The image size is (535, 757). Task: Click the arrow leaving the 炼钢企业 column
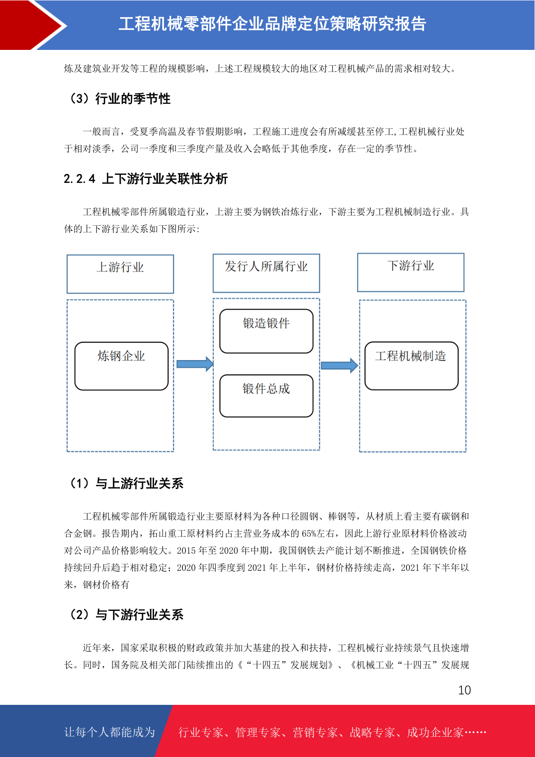(195, 364)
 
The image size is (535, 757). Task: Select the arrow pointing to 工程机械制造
(339, 365)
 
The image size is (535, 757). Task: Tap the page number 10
(464, 690)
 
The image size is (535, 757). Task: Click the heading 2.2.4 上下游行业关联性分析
(146, 179)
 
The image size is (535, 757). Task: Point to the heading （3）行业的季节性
(120, 99)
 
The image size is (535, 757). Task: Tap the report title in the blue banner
(272, 24)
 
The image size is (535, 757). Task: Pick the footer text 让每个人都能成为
(110, 732)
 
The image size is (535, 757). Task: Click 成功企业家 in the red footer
(435, 732)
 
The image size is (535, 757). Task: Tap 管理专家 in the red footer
(258, 732)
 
